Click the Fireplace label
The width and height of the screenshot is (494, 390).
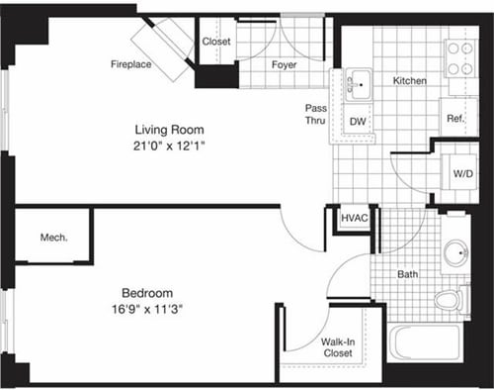130,65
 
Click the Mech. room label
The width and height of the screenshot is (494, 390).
53,238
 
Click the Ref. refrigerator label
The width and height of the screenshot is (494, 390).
455,118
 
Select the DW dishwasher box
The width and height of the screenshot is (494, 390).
360,123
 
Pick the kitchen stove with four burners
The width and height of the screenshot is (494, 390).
460,56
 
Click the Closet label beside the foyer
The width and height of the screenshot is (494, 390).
216,42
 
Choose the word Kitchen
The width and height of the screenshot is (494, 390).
409,80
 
